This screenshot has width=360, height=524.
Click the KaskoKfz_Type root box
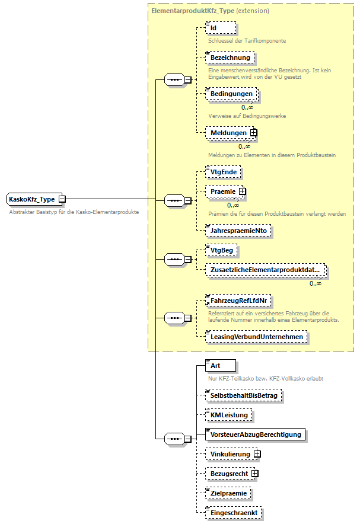(32, 199)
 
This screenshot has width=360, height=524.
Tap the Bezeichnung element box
(231, 57)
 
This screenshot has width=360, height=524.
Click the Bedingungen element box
(231, 94)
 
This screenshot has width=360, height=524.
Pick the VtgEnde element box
(222, 171)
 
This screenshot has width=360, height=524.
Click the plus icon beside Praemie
(242, 191)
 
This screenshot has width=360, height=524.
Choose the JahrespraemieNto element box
(238, 231)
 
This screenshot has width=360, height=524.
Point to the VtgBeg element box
(221, 250)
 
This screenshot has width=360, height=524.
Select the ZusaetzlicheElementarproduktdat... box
(265, 270)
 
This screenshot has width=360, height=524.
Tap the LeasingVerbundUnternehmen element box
(256, 337)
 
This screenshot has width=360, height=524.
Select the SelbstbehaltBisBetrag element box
(244, 395)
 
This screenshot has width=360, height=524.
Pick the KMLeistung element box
(228, 415)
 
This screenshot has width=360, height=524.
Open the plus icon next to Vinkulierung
(257, 454)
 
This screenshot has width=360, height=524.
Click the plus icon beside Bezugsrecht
(254, 474)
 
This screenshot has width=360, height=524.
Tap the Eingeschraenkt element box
(234, 512)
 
